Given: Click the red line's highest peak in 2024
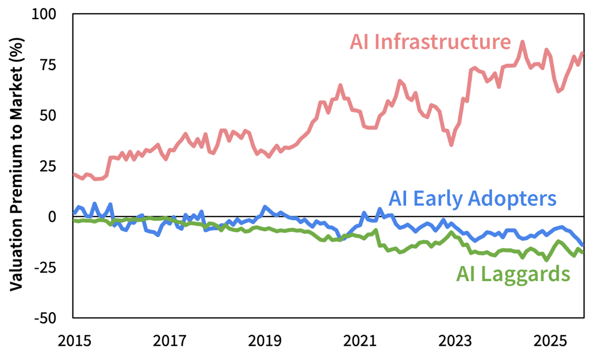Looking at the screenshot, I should [x=523, y=42].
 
